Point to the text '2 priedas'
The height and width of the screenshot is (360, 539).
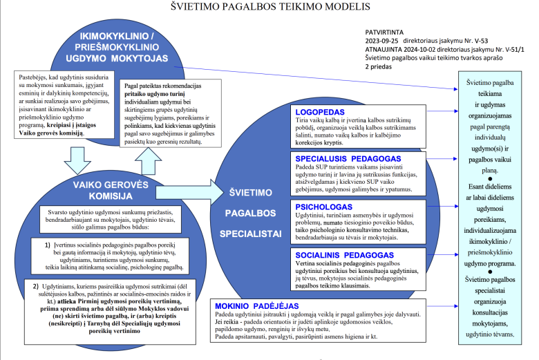(x=379, y=68)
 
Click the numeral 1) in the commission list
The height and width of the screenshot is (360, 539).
(x=48, y=245)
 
